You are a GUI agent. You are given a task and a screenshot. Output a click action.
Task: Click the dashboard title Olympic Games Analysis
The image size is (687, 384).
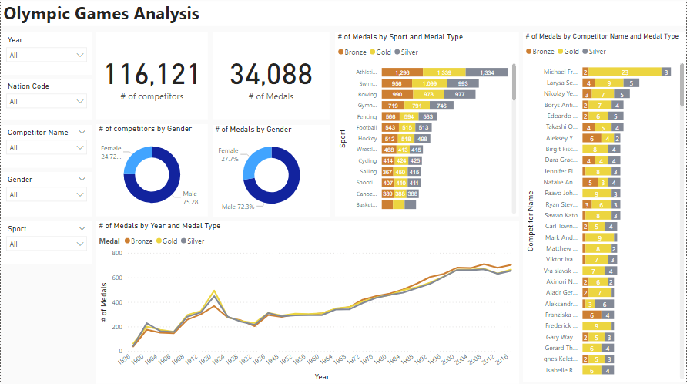[x=102, y=14]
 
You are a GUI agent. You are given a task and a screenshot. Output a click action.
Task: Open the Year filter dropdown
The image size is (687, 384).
[x=46, y=56]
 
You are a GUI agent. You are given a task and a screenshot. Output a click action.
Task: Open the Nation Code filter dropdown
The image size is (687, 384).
[x=46, y=102]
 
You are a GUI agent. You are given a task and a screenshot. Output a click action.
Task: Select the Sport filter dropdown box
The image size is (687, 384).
[x=46, y=244]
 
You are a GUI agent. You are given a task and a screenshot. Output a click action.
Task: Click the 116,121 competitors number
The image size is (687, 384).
[x=152, y=75]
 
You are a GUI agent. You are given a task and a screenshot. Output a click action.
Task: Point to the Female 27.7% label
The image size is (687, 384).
[x=229, y=154]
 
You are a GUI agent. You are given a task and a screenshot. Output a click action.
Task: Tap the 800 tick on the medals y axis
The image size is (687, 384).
[x=116, y=253]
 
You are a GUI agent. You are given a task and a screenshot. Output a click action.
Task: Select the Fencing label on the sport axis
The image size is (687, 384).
[x=367, y=116]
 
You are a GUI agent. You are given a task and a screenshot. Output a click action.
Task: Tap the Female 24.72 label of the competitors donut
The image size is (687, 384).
[x=112, y=153]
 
